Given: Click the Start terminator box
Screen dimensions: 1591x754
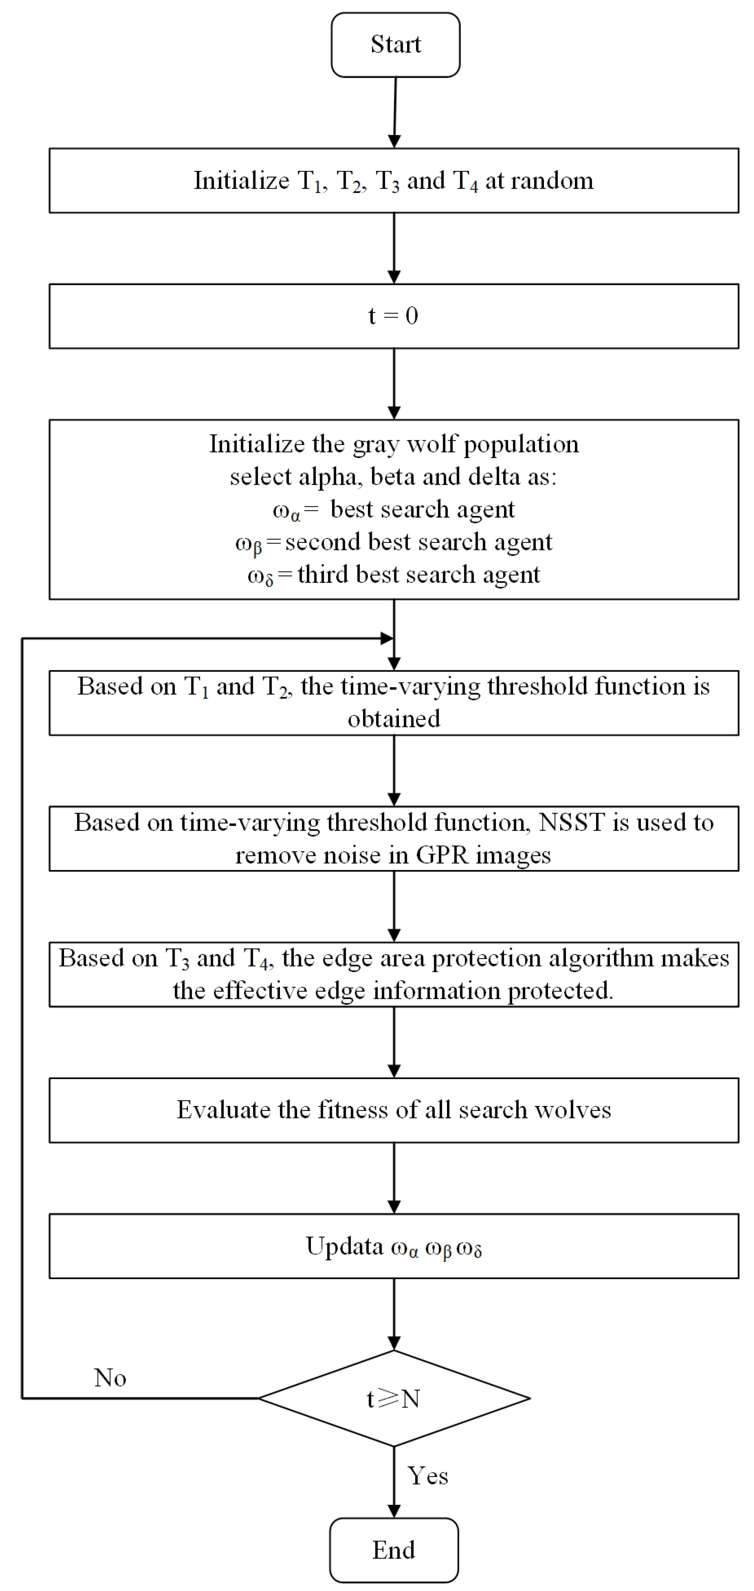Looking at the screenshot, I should click(x=395, y=44).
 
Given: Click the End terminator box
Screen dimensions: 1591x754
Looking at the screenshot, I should click(x=394, y=1550).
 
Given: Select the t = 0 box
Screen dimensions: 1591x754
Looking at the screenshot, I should click(x=394, y=316).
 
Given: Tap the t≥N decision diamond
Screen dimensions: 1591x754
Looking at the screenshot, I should click(x=394, y=1398).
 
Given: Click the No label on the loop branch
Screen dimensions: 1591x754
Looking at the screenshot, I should click(x=110, y=1377).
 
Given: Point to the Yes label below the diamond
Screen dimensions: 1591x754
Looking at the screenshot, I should click(x=428, y=1476).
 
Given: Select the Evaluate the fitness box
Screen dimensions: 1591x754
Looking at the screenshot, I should click(x=394, y=1110).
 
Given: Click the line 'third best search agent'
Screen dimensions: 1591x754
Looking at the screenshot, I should click(x=418, y=574).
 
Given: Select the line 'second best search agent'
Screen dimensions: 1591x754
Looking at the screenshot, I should click(x=418, y=542).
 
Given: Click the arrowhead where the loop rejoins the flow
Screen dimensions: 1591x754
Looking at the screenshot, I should click(x=387, y=638).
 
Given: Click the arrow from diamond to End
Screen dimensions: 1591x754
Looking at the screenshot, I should click(x=394, y=1482).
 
